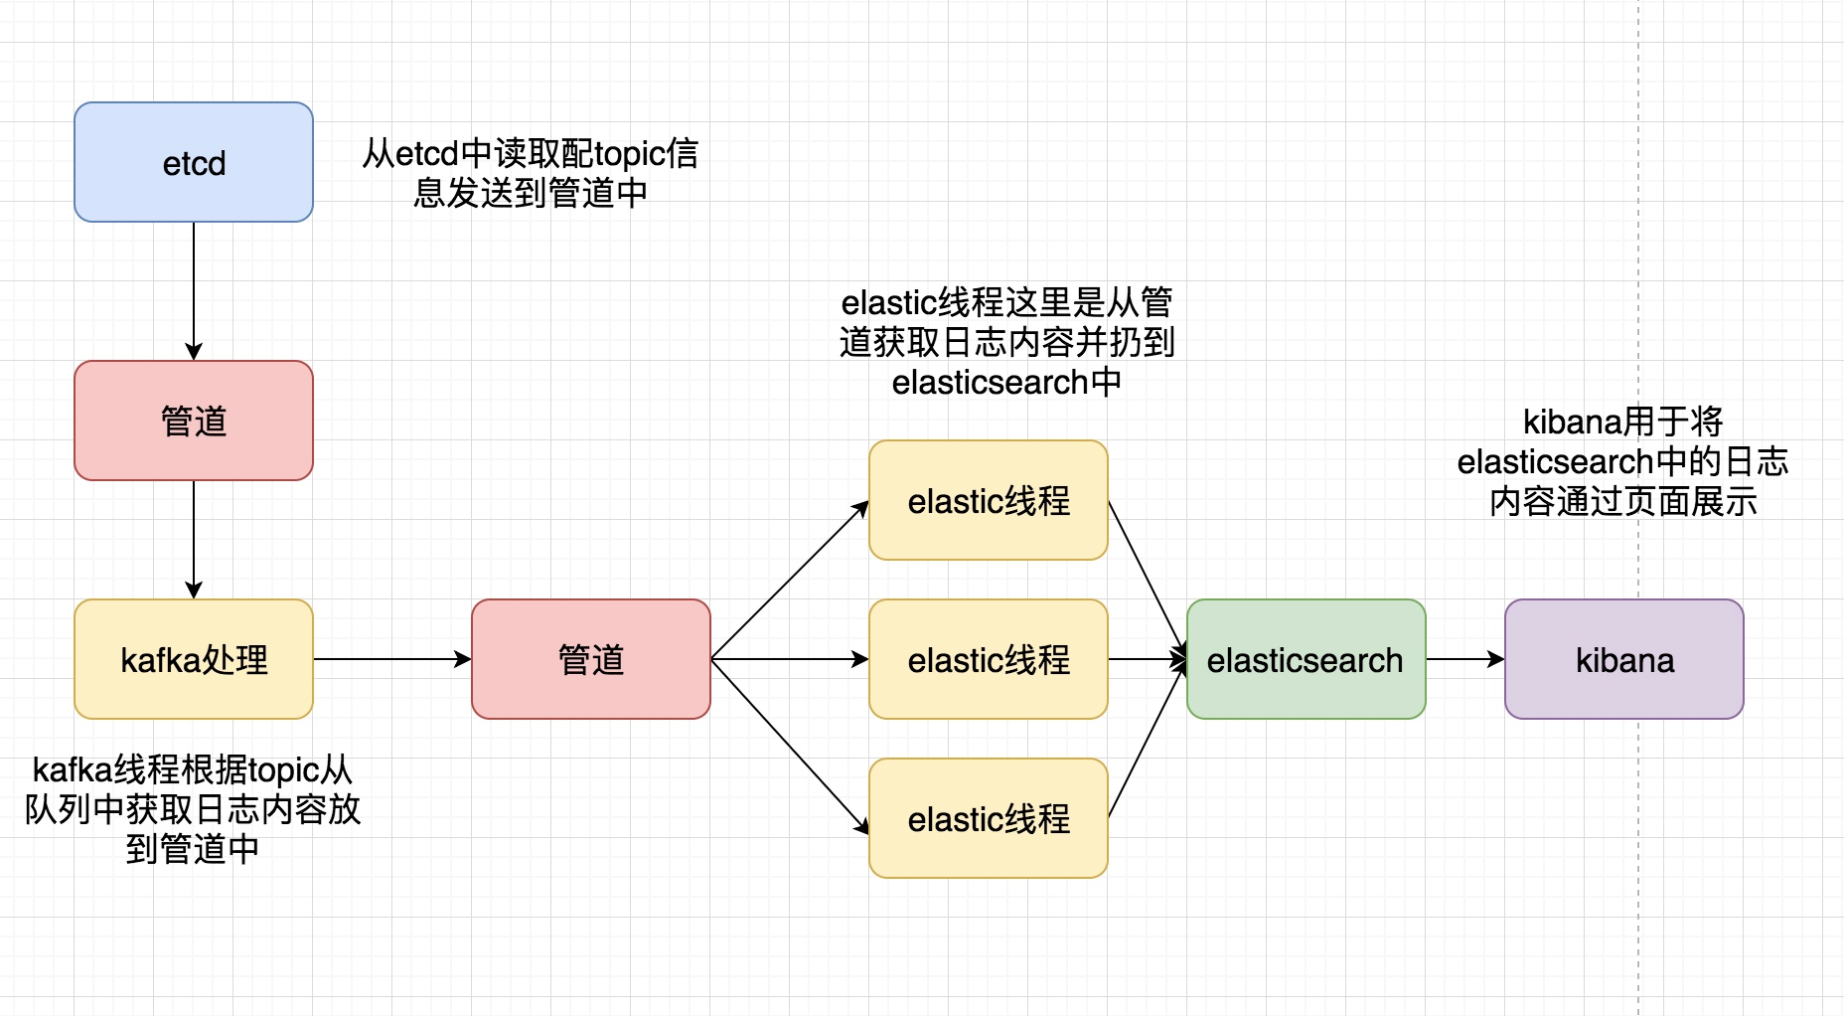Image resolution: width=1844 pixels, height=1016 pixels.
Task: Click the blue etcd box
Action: click(x=194, y=162)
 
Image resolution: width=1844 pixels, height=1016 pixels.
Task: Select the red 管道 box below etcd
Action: click(x=194, y=421)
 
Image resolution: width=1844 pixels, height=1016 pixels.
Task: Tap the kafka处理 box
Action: click(x=194, y=659)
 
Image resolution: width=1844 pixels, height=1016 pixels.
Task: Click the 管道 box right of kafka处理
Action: click(x=591, y=659)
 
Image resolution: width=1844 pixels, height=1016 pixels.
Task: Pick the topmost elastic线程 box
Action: click(x=989, y=500)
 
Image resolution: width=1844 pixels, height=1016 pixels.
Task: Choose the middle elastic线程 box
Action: click(x=989, y=659)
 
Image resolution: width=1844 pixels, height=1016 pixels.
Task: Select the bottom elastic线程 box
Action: click(x=989, y=818)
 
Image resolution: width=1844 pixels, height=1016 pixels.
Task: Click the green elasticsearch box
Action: click(x=1306, y=659)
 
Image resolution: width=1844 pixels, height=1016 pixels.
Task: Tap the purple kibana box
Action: click(x=1624, y=659)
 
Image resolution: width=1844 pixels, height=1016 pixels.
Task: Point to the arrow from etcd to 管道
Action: click(x=194, y=288)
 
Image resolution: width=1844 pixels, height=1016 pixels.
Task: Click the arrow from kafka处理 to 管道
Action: click(x=392, y=659)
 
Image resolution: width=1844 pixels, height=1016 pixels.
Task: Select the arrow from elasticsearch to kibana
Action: click(x=1464, y=659)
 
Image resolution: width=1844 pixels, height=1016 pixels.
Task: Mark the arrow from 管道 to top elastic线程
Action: click(x=790, y=580)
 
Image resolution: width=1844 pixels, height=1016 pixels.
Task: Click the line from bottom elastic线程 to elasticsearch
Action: click(x=1148, y=738)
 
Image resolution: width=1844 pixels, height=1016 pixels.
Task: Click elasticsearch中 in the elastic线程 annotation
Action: click(x=1006, y=382)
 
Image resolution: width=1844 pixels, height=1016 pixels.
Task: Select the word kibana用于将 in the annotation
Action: click(x=1622, y=422)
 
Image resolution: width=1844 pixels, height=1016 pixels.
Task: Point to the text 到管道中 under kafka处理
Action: click(x=193, y=849)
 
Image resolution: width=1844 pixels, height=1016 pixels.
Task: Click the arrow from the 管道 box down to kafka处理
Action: click(x=194, y=539)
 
